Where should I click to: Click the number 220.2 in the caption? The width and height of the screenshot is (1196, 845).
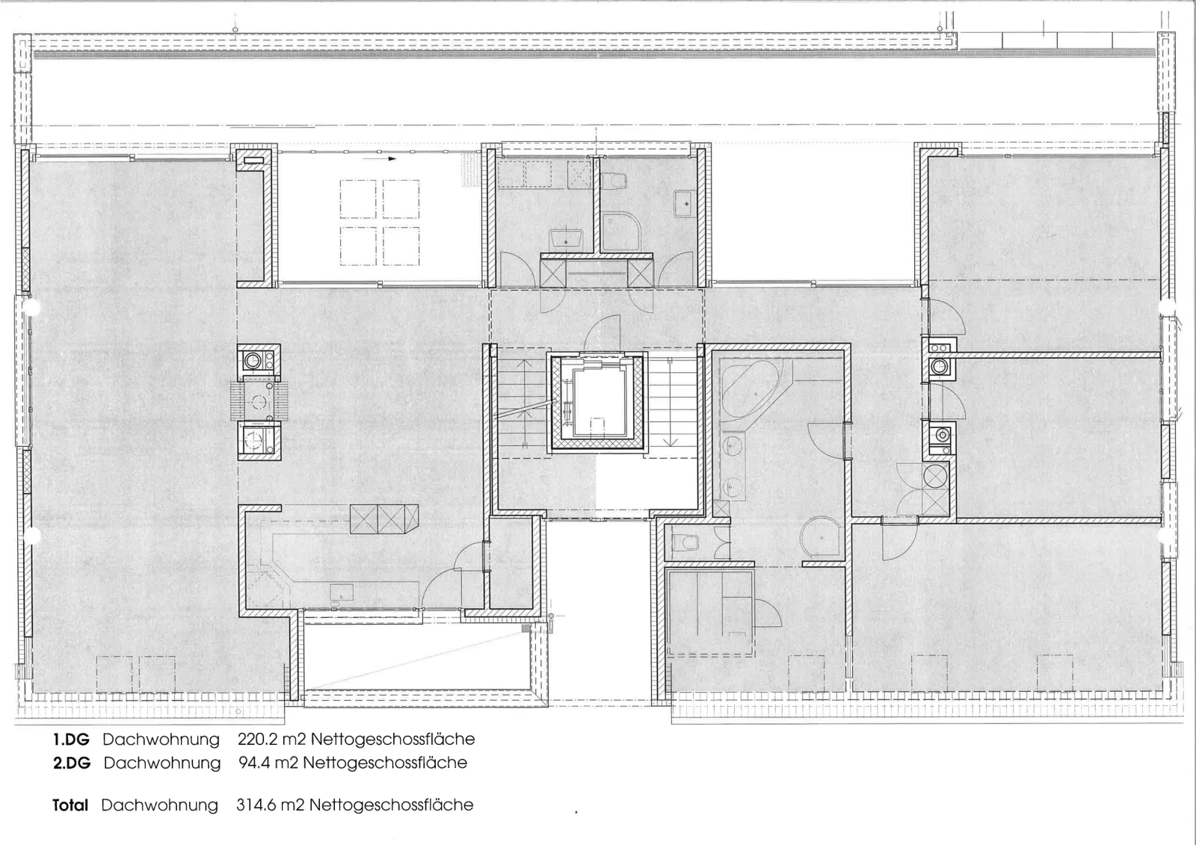[257, 740]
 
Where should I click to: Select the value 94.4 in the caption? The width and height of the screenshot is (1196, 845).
[254, 763]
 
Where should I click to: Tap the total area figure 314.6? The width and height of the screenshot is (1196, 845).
[256, 805]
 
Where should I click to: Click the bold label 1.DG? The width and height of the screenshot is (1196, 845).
[71, 740]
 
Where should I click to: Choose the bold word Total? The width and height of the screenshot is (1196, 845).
[70, 805]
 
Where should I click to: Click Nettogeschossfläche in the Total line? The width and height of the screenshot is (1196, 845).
[392, 805]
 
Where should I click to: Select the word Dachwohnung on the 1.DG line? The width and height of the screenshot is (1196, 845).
[161, 740]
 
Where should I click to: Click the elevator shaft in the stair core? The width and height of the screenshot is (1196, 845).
[597, 403]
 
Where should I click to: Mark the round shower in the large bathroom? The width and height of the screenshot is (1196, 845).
[822, 536]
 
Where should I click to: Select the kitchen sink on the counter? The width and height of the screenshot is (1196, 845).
[342, 592]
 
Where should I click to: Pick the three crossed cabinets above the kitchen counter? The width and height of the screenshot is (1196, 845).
[384, 519]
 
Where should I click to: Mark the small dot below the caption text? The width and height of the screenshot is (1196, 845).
[576, 812]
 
